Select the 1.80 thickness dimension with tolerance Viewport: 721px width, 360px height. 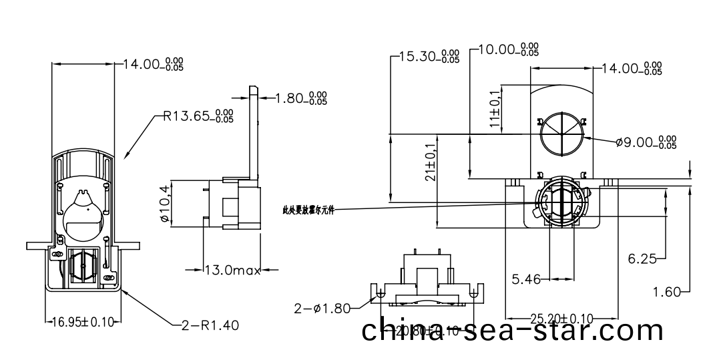[301, 99]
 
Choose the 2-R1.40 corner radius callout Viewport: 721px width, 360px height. [210, 325]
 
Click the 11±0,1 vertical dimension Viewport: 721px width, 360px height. [495, 108]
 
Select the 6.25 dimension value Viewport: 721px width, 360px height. [642, 257]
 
